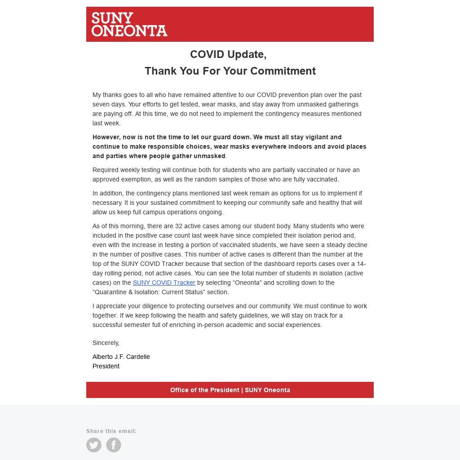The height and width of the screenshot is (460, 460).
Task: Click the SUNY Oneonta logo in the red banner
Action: coord(129,24)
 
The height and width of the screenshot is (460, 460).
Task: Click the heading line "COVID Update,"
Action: coord(228,54)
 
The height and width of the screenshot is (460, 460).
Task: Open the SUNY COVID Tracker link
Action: coord(164,283)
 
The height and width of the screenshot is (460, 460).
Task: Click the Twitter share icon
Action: coord(94,445)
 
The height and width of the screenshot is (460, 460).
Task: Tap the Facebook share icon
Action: coord(114,445)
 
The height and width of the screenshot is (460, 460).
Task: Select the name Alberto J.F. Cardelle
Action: coord(121,357)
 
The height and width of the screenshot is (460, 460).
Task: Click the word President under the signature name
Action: coord(106,366)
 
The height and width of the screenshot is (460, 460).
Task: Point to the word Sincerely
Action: coord(106,343)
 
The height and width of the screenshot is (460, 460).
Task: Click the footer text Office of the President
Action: coord(204,390)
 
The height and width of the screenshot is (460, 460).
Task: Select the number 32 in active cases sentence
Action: coord(179,226)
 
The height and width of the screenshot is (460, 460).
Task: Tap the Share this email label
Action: coord(111,431)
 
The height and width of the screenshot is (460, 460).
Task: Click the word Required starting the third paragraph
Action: coord(106,170)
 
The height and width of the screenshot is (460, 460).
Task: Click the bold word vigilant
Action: coord(317,137)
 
